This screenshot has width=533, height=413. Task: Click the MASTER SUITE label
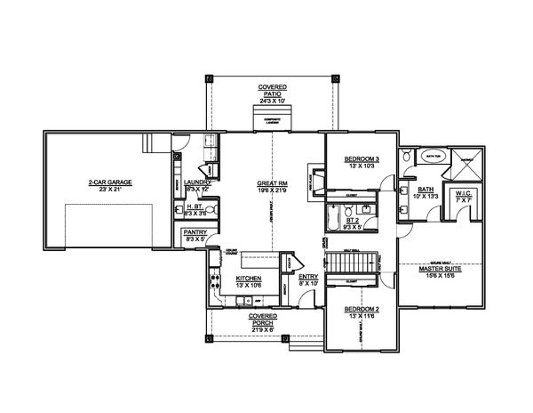pos(438,271)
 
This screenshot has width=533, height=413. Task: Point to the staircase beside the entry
pos(340,264)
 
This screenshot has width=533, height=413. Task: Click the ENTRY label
pos(307,278)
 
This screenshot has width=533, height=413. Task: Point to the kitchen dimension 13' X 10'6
pos(248,286)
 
